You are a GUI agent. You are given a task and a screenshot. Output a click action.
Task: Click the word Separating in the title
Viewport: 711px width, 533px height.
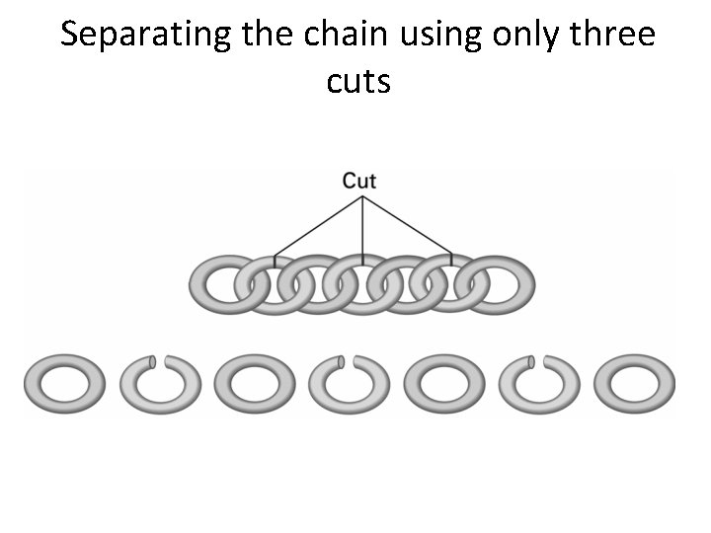tap(145, 35)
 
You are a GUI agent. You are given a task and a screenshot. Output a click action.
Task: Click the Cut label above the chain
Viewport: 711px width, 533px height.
tap(359, 181)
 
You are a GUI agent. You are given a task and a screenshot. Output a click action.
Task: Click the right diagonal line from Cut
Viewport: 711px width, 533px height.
tap(409, 225)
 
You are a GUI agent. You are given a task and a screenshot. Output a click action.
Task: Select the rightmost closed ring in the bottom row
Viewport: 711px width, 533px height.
tap(641, 382)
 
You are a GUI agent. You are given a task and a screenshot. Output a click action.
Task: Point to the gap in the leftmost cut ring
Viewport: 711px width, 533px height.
tap(158, 360)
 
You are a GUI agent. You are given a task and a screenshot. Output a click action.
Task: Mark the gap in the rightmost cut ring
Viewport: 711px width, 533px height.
tap(537, 360)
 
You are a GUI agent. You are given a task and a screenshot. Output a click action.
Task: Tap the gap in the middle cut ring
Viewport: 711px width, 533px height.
tap(348, 360)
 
